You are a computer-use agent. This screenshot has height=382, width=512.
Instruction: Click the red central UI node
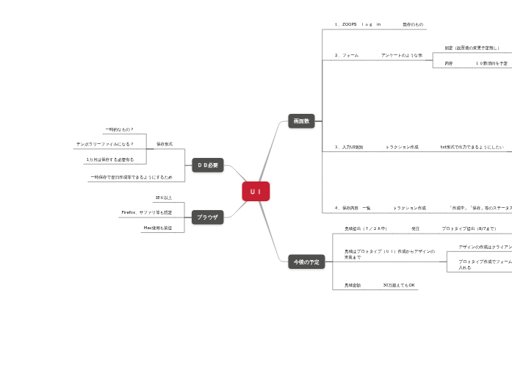coord(256,192)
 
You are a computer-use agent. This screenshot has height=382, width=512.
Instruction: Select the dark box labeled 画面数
coord(301,120)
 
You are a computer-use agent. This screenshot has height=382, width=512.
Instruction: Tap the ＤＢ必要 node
coord(208,165)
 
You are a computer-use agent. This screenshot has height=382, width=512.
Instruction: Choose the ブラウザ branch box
coord(208,217)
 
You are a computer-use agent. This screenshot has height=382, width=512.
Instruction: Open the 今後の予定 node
coord(306,262)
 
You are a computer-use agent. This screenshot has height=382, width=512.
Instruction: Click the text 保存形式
coord(165,144)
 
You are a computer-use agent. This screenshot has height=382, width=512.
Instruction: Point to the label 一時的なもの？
coord(119,129)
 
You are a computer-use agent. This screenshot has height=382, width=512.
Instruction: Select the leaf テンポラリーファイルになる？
coord(105,144)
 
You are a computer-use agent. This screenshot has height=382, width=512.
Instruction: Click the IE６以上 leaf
coord(163,198)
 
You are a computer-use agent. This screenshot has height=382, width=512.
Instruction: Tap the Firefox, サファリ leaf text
coord(146,212)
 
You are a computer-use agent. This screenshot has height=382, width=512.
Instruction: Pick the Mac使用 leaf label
coord(157,228)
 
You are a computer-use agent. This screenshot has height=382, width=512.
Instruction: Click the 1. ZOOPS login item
coord(358,24)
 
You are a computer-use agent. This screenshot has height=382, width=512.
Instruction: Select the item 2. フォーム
coord(347,55)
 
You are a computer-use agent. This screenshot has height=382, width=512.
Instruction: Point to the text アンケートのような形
coord(401,55)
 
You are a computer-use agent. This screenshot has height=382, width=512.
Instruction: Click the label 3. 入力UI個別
coord(349,147)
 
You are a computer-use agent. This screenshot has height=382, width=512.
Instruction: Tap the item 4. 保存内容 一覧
coord(353,208)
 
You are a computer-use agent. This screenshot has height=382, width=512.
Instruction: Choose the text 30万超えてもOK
coord(399,285)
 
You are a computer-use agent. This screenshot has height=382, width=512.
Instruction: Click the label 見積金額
coord(353,285)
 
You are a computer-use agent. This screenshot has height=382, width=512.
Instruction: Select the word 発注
coord(416,228)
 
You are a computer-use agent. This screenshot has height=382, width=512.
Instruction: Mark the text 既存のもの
coord(413,24)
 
